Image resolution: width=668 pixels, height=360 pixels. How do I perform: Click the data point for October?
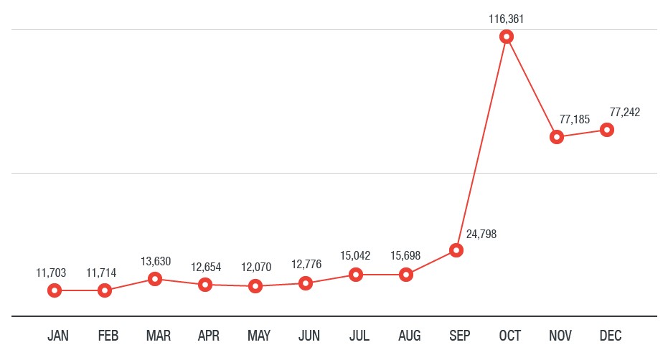[507, 37]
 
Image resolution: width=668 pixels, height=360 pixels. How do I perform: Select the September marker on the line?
[456, 250]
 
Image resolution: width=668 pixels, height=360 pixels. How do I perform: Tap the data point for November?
[557, 137]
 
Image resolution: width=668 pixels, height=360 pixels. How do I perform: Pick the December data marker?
[607, 130]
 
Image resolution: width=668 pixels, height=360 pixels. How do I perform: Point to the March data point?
[155, 279]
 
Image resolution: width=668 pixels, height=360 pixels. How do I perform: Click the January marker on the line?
[55, 290]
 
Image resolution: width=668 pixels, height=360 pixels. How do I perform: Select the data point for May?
[255, 286]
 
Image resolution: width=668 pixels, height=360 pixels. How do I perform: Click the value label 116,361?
[507, 19]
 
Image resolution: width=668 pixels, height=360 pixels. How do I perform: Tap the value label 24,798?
[481, 234]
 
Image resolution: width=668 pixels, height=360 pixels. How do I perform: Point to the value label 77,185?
[574, 119]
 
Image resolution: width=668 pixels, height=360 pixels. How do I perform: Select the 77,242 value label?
[624, 112]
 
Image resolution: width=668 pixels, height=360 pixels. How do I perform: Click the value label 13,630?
[156, 261]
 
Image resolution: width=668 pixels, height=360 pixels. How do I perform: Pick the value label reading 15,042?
[356, 256]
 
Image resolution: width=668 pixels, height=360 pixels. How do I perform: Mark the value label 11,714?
[101, 273]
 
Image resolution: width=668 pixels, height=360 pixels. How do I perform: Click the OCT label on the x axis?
[510, 336]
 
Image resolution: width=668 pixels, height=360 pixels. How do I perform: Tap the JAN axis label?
[58, 336]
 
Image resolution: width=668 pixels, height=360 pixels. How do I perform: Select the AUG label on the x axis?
[410, 336]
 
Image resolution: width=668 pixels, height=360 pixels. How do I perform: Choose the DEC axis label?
[611, 336]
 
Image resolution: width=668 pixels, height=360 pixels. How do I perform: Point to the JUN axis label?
[309, 336]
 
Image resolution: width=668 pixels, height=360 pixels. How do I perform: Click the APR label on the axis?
[209, 336]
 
